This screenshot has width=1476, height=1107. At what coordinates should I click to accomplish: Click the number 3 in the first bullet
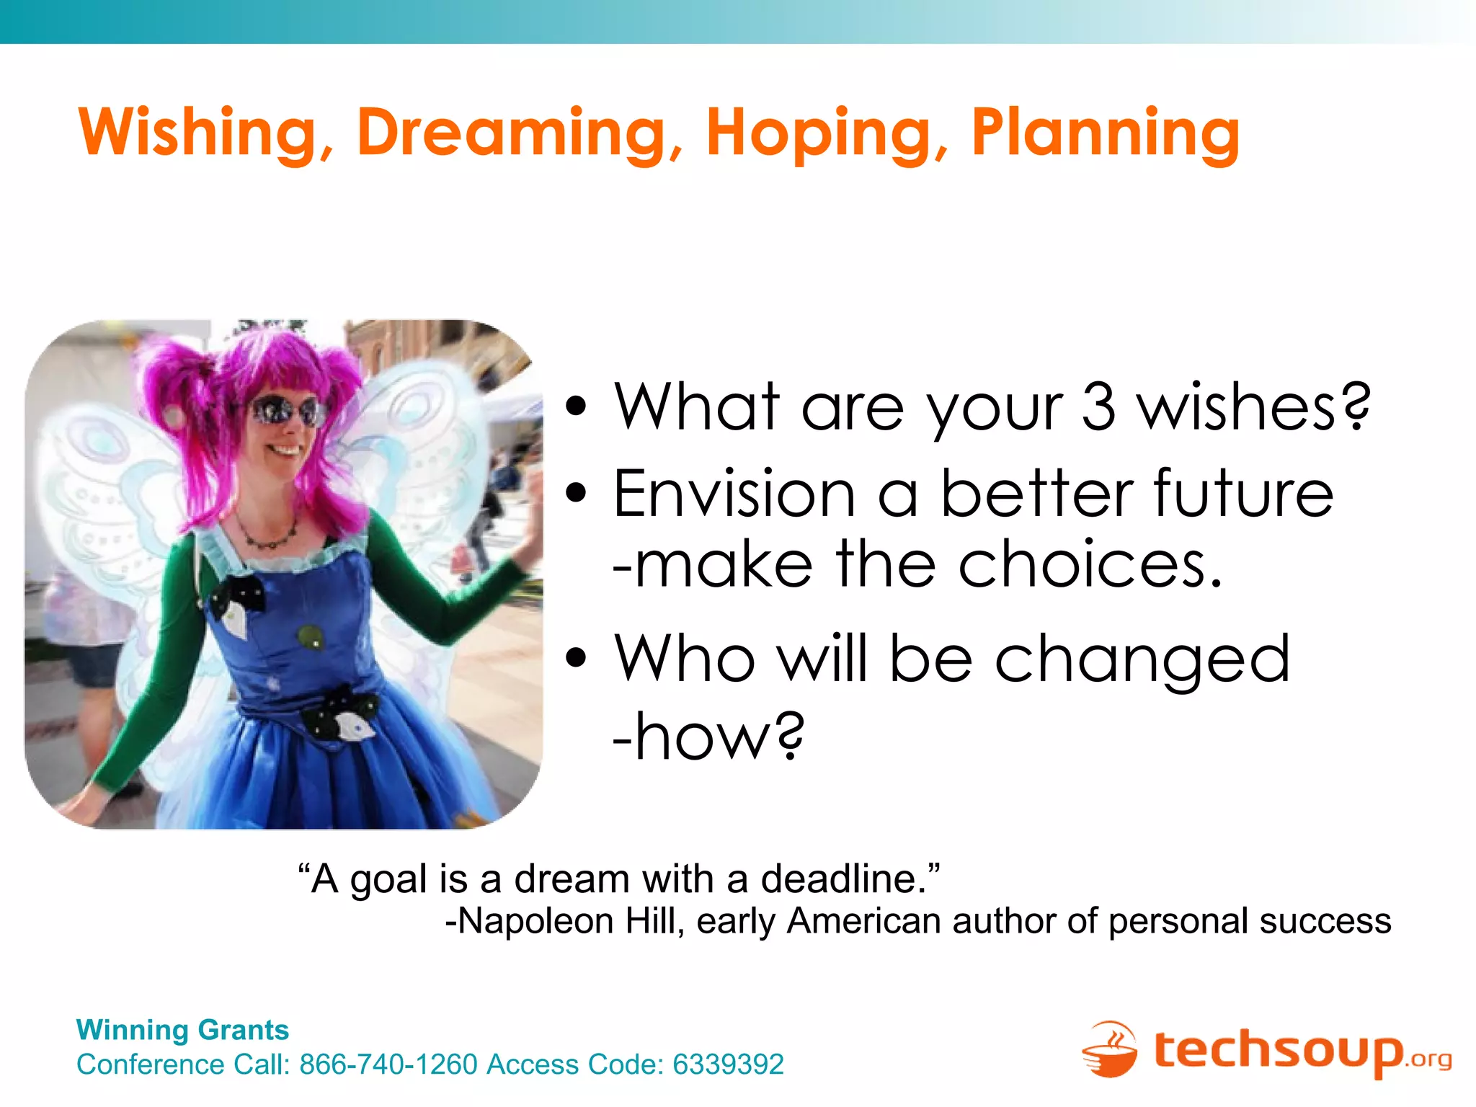1098,407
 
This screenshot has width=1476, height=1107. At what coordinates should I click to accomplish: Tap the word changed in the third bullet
1142,659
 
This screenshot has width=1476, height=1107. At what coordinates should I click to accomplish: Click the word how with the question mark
710,737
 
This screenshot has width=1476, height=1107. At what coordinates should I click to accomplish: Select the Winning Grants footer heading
182,1030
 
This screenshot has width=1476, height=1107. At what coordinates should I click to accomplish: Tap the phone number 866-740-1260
388,1064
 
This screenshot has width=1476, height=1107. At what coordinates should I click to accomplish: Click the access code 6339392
728,1064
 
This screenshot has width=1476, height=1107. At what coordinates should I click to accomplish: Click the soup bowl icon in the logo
1110,1051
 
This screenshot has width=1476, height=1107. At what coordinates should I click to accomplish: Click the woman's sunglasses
286,412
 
